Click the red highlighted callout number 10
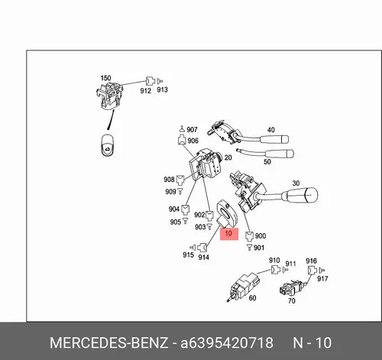(x=229, y=234)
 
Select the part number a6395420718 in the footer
(x=227, y=342)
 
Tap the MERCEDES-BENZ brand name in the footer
(x=109, y=342)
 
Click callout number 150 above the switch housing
(x=105, y=78)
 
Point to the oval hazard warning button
(x=108, y=145)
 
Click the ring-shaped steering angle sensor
(x=227, y=213)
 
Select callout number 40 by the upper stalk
(x=271, y=130)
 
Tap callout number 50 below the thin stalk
(x=267, y=161)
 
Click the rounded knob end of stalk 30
(x=310, y=196)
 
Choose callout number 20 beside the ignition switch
(x=228, y=157)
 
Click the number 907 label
(x=192, y=130)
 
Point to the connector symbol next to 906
(x=182, y=141)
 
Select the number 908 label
(x=169, y=180)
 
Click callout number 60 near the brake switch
(x=252, y=298)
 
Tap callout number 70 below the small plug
(x=292, y=301)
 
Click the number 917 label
(x=322, y=279)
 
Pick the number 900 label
(x=261, y=236)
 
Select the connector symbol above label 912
(x=151, y=81)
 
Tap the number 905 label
(x=176, y=222)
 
